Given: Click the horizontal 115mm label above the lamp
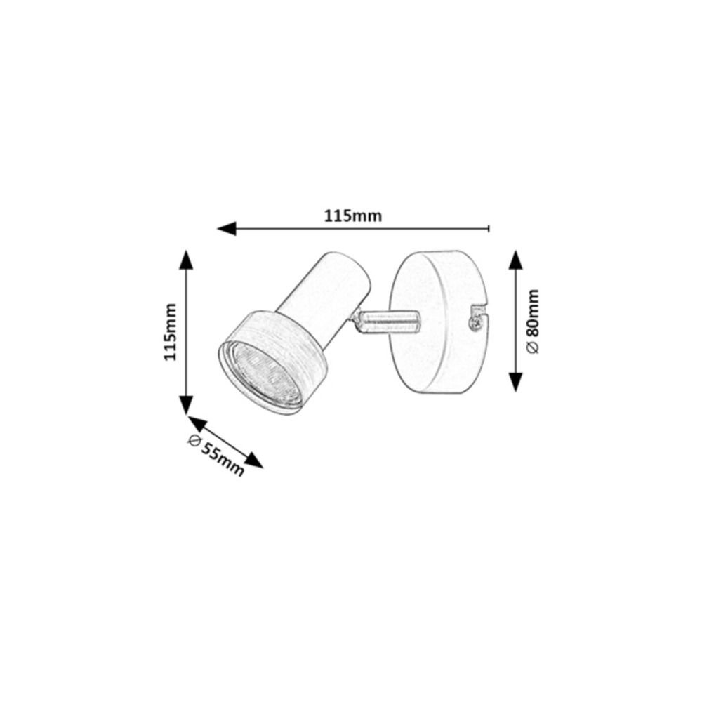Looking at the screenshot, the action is coord(353,216).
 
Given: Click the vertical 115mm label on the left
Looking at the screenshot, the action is coord(170,332).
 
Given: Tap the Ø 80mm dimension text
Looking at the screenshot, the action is coord(534,322).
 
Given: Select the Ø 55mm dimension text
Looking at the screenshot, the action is coord(216,455).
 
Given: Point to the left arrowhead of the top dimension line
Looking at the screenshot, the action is coord(227,228).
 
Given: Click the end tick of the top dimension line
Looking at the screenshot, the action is coord(489,228).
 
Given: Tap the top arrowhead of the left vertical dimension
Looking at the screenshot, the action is coord(186,260).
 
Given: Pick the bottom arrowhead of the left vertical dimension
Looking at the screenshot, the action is coord(186,405).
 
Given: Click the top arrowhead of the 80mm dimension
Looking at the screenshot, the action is coord(516,260).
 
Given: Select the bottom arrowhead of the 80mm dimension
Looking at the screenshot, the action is coord(516,382).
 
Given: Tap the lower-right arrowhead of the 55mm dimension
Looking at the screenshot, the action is coord(253,461).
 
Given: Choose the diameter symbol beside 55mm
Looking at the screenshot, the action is coord(194,440).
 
